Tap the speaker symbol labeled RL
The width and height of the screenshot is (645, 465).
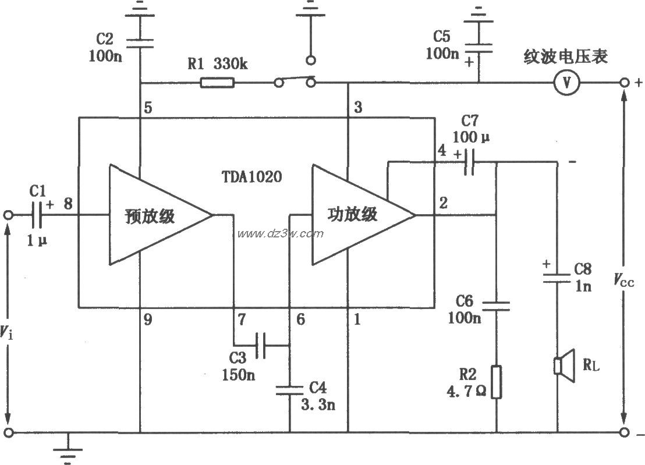tap(563, 365)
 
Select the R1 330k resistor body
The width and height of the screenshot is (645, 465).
tap(217, 83)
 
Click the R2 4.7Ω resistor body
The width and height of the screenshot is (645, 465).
tap(496, 382)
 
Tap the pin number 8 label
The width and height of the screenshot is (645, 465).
tap(68, 204)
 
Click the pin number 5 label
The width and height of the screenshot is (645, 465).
tap(148, 108)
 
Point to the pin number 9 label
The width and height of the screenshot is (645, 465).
tap(148, 318)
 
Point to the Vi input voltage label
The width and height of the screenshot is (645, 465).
tap(6, 332)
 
